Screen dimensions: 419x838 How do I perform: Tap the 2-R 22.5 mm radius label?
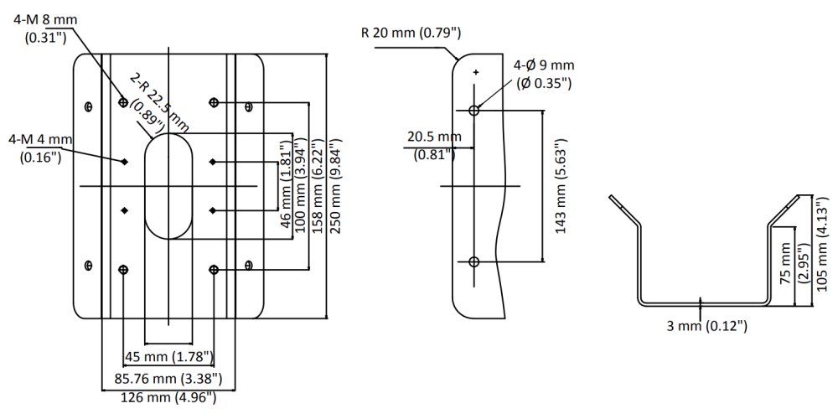159,105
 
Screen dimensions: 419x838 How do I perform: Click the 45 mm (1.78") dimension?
168,358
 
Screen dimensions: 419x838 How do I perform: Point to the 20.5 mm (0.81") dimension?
432,144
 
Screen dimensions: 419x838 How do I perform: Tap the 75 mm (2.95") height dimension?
792,266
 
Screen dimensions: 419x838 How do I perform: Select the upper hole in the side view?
474,110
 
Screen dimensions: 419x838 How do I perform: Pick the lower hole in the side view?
474,262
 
